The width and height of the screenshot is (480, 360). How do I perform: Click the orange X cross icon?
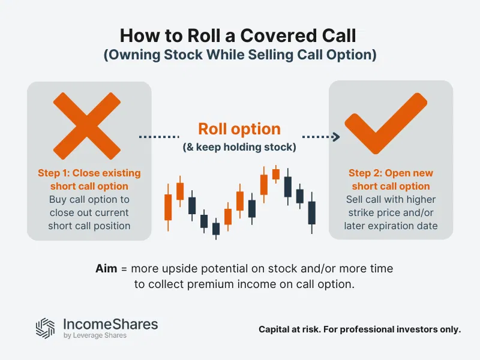(x=88, y=124)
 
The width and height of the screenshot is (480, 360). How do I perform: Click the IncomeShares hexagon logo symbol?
(x=46, y=328)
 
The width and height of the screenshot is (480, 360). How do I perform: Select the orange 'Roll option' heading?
(x=239, y=129)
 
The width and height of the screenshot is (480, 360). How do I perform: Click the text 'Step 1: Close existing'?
(x=89, y=173)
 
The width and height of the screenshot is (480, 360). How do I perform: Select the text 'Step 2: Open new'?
(x=391, y=173)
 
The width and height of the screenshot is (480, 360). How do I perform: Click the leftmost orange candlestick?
(x=168, y=206)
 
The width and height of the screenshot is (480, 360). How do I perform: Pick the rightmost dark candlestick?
(x=311, y=212)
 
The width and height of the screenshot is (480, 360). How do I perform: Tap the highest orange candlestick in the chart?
(x=276, y=174)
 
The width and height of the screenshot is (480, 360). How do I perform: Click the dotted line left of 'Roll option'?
(x=160, y=137)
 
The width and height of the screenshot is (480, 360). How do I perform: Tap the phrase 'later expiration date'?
(x=391, y=226)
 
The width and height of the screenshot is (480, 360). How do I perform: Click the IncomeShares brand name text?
(x=110, y=324)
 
